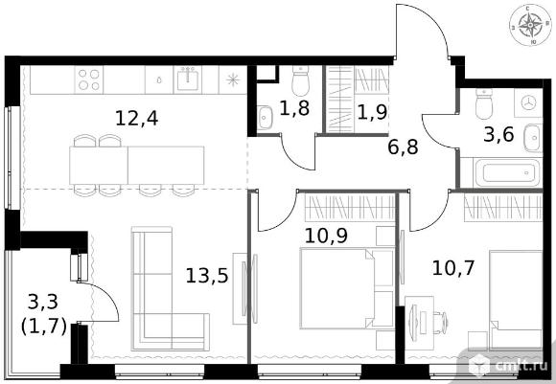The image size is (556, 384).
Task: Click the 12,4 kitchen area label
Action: point(136,119)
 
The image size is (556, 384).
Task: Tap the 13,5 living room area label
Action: point(207,276)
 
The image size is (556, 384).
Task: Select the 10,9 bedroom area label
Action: point(326,236)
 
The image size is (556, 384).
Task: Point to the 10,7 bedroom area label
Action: point(453,267)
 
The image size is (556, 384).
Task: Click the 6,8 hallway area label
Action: point(404,147)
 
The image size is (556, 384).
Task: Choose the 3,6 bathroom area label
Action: point(498,135)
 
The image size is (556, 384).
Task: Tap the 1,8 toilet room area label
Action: point(294,108)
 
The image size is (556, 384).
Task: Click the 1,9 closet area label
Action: point(372,113)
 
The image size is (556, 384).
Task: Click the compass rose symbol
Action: point(530,26)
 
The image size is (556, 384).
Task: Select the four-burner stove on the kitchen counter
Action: point(89,79)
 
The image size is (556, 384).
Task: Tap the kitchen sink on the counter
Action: point(187,79)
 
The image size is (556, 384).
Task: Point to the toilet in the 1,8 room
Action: point(301,80)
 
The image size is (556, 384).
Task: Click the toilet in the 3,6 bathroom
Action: point(484,103)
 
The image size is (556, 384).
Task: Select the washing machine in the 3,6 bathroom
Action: point(528,102)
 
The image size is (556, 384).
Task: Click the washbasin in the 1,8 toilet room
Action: point(265,118)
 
